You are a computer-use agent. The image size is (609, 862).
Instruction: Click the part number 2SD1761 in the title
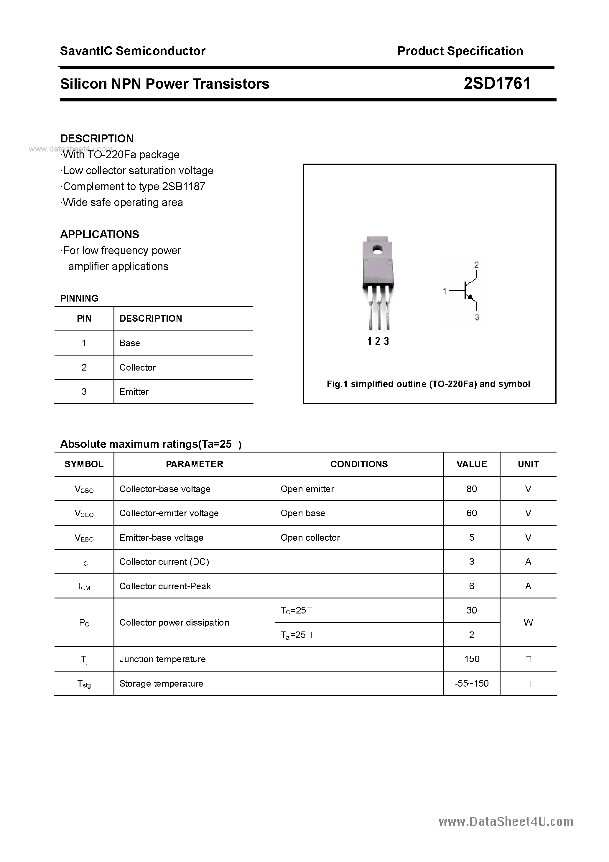pos(497,83)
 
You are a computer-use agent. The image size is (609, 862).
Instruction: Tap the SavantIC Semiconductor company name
pos(133,51)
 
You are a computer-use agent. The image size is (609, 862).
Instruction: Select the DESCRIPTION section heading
pos(97,139)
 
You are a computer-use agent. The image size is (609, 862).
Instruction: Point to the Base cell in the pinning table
pos(129,343)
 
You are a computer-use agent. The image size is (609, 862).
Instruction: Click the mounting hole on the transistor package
pos(378,249)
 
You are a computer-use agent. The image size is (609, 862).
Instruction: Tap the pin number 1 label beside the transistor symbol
pos(445,291)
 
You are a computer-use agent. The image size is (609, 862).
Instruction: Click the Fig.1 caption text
pos(428,384)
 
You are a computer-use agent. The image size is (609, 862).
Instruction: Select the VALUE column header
pos(472,464)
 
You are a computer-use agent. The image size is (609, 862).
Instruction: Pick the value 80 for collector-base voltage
pos(472,489)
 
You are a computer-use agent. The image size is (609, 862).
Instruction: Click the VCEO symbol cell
pos(84,514)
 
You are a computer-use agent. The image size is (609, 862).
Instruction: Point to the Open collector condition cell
pos(310,538)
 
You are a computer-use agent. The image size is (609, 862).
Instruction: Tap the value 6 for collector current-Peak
pos(472,586)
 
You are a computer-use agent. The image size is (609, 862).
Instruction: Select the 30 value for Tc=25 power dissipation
pos(472,611)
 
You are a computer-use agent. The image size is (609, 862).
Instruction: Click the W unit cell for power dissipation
pos(528,622)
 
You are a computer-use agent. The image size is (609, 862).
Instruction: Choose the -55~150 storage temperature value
pos(472,684)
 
